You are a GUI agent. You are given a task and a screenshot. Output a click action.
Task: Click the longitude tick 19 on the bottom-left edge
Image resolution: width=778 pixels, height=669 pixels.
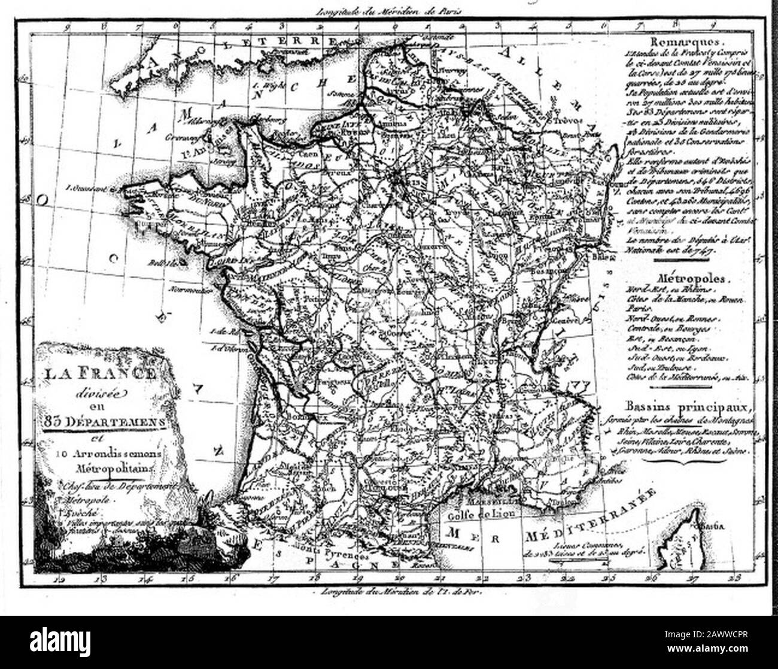pos(59,579)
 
